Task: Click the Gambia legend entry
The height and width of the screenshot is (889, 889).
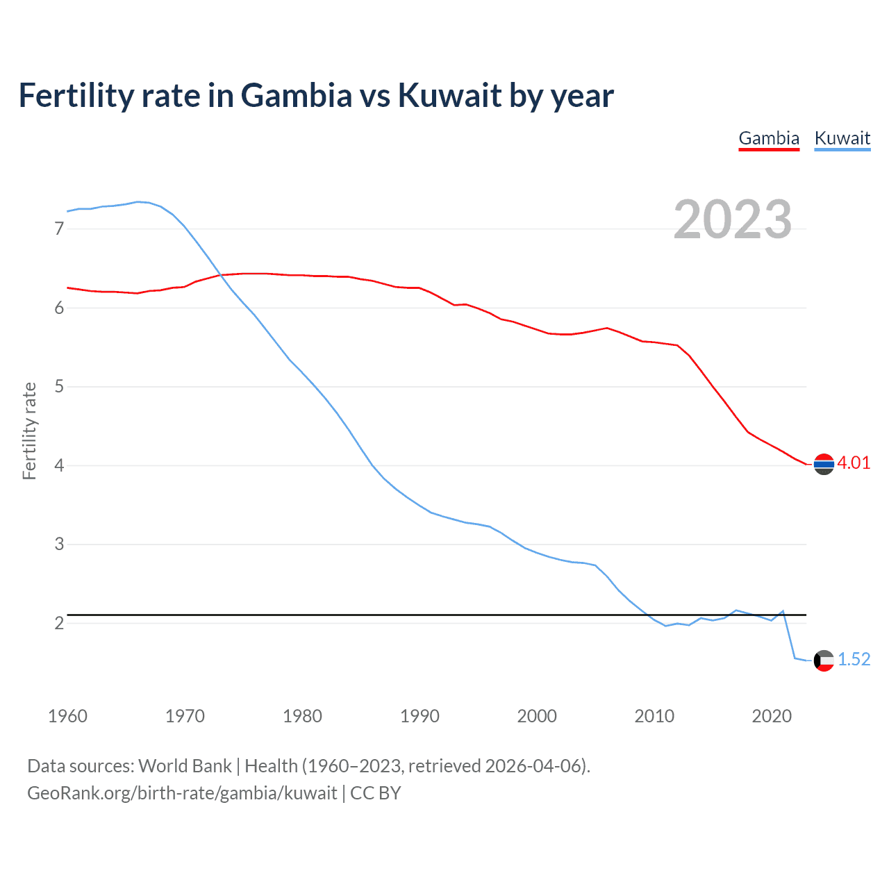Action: [x=769, y=138]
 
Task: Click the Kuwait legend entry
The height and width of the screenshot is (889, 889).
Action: [x=842, y=138]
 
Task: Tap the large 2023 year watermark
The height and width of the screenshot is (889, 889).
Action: [x=733, y=219]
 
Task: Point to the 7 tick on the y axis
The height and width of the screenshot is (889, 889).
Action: [x=59, y=229]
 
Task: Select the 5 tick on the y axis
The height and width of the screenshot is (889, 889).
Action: [x=59, y=386]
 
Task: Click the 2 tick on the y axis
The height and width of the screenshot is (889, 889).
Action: [x=59, y=623]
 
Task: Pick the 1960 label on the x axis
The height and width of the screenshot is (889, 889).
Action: [x=67, y=716]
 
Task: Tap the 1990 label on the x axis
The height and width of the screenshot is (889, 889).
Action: [x=419, y=716]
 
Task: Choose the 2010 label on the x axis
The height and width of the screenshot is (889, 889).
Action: [x=654, y=716]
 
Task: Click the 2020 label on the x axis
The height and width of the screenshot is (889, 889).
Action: [x=772, y=716]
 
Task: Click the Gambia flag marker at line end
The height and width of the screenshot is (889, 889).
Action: [x=824, y=464]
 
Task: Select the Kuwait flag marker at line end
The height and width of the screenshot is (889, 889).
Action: [x=824, y=660]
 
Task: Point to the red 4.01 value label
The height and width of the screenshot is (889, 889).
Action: [x=854, y=463]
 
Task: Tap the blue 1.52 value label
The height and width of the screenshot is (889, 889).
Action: [x=854, y=660]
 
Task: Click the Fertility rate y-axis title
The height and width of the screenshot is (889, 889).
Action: [x=29, y=431]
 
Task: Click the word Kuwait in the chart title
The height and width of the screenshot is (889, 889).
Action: [x=449, y=96]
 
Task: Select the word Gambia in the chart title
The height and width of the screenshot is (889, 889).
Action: [x=297, y=96]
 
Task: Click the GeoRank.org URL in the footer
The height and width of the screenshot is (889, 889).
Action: [x=182, y=793]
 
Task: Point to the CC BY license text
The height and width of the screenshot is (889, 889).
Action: [x=376, y=793]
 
